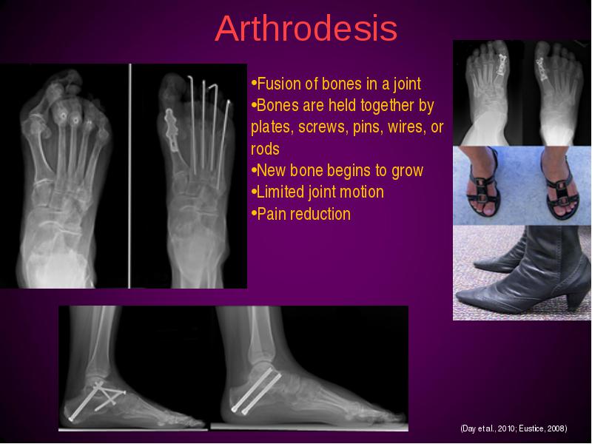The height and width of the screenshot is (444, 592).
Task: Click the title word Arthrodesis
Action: tap(306, 29)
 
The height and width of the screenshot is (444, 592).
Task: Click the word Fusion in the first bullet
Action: tap(276, 84)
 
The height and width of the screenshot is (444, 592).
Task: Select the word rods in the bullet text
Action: tap(265, 149)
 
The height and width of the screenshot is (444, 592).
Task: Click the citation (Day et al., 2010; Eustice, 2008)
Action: tap(514, 428)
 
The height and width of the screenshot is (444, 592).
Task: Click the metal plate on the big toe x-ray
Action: tap(172, 129)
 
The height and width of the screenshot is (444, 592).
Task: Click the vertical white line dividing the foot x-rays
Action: tap(130, 175)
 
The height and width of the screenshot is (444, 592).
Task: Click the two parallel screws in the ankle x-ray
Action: tap(256, 391)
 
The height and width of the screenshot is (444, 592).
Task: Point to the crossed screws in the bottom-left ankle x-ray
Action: tap(98, 400)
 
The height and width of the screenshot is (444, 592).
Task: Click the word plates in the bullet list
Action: tap(272, 127)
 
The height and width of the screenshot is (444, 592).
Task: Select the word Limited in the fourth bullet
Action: tap(280, 192)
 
